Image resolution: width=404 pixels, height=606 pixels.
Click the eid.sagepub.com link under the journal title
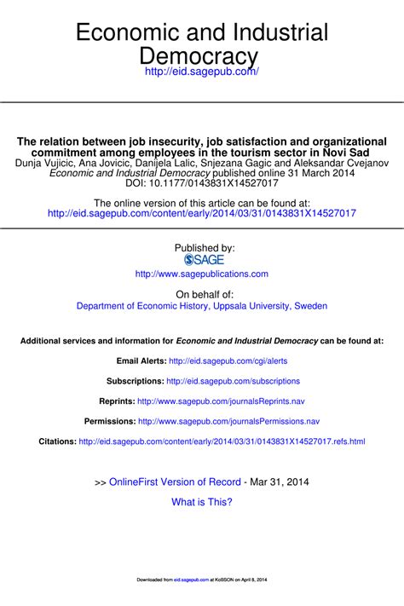[201, 73]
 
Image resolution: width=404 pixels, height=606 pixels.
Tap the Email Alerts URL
[228, 361]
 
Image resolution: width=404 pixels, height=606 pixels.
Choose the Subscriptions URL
[234, 381]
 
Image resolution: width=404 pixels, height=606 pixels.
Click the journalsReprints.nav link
[221, 401]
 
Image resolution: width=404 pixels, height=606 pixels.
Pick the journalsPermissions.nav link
[228, 421]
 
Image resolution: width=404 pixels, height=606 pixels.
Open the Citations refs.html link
[222, 442]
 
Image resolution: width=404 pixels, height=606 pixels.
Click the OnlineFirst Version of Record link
[176, 482]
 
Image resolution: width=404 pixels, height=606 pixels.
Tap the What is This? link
[202, 502]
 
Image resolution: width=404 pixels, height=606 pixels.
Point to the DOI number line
[202, 182]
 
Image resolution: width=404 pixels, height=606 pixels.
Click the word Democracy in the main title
[202, 56]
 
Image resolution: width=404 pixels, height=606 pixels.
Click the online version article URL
[202, 213]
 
